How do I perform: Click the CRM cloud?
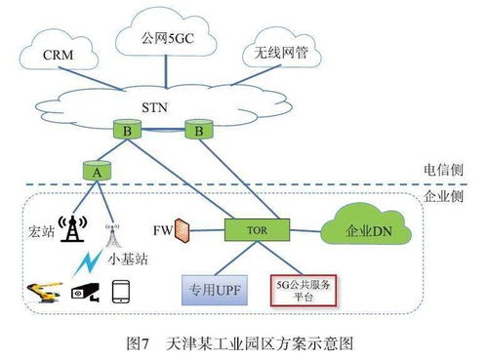(x=61, y=56)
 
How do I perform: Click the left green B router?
(x=126, y=129)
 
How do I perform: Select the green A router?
(x=96, y=170)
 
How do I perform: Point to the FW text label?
(x=162, y=231)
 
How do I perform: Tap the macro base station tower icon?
(x=70, y=228)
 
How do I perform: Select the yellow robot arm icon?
(x=43, y=292)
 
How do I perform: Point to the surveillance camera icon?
(x=82, y=292)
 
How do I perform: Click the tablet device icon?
(x=122, y=292)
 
